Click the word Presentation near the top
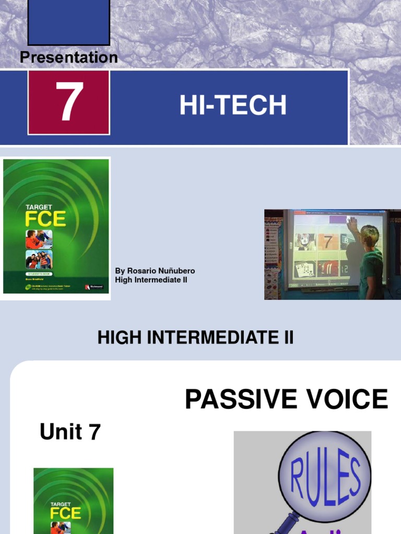point(68,57)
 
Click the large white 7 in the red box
point(69,103)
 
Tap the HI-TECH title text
point(233,106)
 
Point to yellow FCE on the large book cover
point(46,218)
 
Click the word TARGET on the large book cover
point(39,207)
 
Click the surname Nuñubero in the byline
point(178,271)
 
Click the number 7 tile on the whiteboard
point(327,242)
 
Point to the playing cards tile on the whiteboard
point(304,270)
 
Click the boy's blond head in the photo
point(370,235)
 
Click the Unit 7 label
point(70,432)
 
